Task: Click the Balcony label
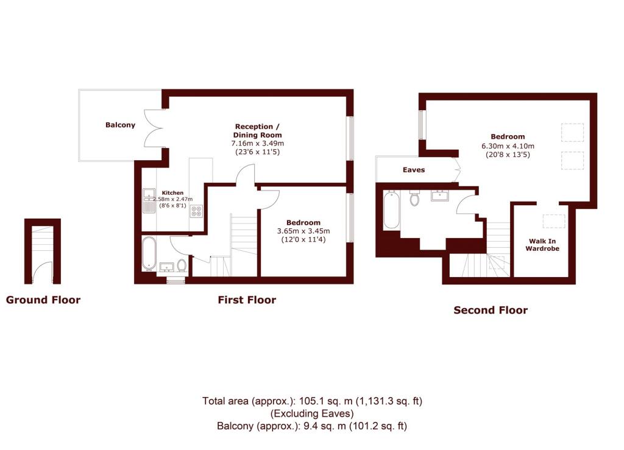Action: (x=120, y=125)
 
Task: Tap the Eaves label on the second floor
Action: (x=414, y=170)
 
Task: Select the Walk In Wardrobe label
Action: (x=542, y=245)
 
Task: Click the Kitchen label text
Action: (x=172, y=193)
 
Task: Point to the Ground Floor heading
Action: (x=43, y=300)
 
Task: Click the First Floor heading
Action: (x=247, y=300)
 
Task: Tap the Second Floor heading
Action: (x=491, y=310)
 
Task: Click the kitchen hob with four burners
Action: (x=196, y=211)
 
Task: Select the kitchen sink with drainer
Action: (x=149, y=201)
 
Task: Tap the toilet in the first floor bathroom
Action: (x=182, y=265)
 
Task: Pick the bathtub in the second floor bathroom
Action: (x=391, y=209)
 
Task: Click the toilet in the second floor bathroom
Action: (x=414, y=197)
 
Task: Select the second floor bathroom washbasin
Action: (x=440, y=195)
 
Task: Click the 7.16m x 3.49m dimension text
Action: (x=258, y=143)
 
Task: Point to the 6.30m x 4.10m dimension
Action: (x=508, y=146)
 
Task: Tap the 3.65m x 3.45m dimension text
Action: (x=303, y=231)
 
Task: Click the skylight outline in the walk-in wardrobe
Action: (x=554, y=221)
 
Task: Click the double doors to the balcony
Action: (x=154, y=128)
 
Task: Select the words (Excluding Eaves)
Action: (x=312, y=413)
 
